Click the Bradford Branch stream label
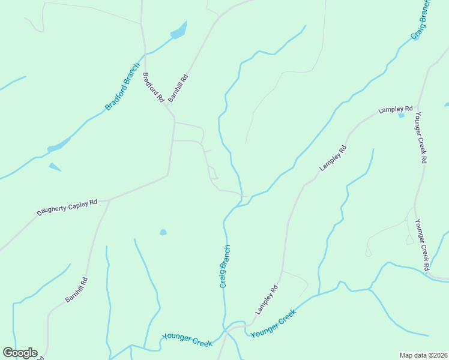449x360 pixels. (x=122, y=86)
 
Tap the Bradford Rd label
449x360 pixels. (x=153, y=88)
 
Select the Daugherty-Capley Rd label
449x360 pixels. (x=67, y=207)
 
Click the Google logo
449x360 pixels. (x=20, y=353)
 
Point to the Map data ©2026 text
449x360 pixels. (x=424, y=355)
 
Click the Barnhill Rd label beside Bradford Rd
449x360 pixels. (x=178, y=87)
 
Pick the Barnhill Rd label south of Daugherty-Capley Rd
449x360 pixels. (x=77, y=289)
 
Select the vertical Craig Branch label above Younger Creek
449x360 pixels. (x=224, y=266)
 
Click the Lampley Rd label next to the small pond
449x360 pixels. (x=395, y=110)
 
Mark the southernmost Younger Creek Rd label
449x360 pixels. (x=422, y=244)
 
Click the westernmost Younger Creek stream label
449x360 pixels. (x=187, y=340)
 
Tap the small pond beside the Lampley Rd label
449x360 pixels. (x=401, y=115)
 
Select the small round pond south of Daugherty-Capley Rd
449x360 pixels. (x=163, y=232)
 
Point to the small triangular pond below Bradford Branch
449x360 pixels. (x=55, y=167)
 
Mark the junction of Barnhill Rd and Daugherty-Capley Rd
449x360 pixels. (x=109, y=200)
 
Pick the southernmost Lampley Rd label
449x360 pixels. (x=267, y=299)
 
